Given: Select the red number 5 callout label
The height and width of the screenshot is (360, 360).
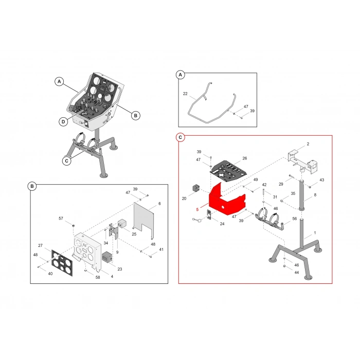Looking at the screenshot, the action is pos(197,210).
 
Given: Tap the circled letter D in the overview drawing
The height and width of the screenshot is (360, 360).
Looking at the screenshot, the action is pos(63,122).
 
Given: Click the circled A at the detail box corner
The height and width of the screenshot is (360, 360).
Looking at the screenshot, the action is pos(180,75).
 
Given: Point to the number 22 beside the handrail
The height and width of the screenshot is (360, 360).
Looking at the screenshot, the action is pos(185,94).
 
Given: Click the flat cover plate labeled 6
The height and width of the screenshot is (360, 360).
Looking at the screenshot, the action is pos(143,219).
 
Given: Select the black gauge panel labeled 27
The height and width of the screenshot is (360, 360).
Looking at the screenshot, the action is pos(62,263).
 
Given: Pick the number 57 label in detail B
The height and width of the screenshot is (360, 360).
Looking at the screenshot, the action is pos(61,219).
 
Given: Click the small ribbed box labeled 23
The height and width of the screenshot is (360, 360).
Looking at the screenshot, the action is pos(107,257).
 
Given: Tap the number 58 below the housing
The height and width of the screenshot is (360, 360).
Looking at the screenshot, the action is pos(98,277).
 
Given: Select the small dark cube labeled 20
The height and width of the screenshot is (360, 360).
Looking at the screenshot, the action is pos(196,188).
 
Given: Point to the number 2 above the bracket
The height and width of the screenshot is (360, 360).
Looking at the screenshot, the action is pos(308,144).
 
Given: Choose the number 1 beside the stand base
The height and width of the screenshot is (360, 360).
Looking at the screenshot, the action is pos(315,233).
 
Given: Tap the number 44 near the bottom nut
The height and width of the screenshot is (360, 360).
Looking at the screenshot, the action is pos(297,273).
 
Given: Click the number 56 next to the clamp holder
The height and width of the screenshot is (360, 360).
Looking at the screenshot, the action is pos(295,219).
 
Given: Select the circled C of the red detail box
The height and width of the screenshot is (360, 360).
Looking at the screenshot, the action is pos(180,137).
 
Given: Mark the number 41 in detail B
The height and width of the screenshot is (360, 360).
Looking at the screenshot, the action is pos(161,249).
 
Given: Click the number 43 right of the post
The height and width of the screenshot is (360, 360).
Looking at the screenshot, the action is pos(322,180).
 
